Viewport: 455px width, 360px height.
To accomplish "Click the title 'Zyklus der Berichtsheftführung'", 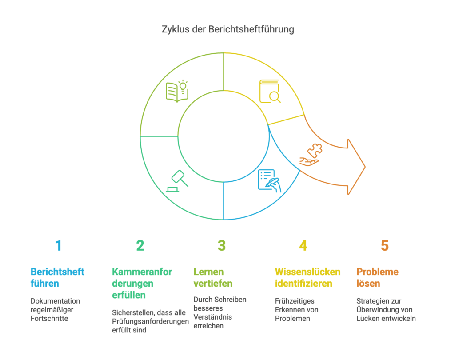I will [227, 30].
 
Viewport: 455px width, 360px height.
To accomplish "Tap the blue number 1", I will [58, 245].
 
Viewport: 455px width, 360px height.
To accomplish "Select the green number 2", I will [140, 245].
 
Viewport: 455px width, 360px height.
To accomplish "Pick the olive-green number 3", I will [222, 245].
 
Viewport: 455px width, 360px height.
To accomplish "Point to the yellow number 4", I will [303, 245].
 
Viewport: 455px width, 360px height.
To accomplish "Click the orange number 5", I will [385, 245].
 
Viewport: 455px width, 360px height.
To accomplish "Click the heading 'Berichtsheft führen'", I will [57, 277].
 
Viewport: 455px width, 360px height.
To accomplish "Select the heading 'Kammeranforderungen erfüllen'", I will [142, 283].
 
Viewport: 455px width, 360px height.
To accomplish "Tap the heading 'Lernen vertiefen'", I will [213, 277].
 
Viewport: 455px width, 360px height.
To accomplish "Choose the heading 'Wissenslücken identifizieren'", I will [307, 277].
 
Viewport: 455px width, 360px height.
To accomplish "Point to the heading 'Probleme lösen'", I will [378, 277].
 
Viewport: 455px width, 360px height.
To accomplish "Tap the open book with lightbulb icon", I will [177, 91].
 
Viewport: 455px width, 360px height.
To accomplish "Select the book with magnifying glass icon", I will [270, 91].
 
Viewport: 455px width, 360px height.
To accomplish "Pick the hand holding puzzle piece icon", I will [311, 156].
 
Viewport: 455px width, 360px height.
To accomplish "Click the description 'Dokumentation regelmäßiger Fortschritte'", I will [55, 310].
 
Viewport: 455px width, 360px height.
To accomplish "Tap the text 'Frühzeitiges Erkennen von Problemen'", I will [297, 310].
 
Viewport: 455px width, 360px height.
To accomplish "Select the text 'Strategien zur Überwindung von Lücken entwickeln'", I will [386, 310].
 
